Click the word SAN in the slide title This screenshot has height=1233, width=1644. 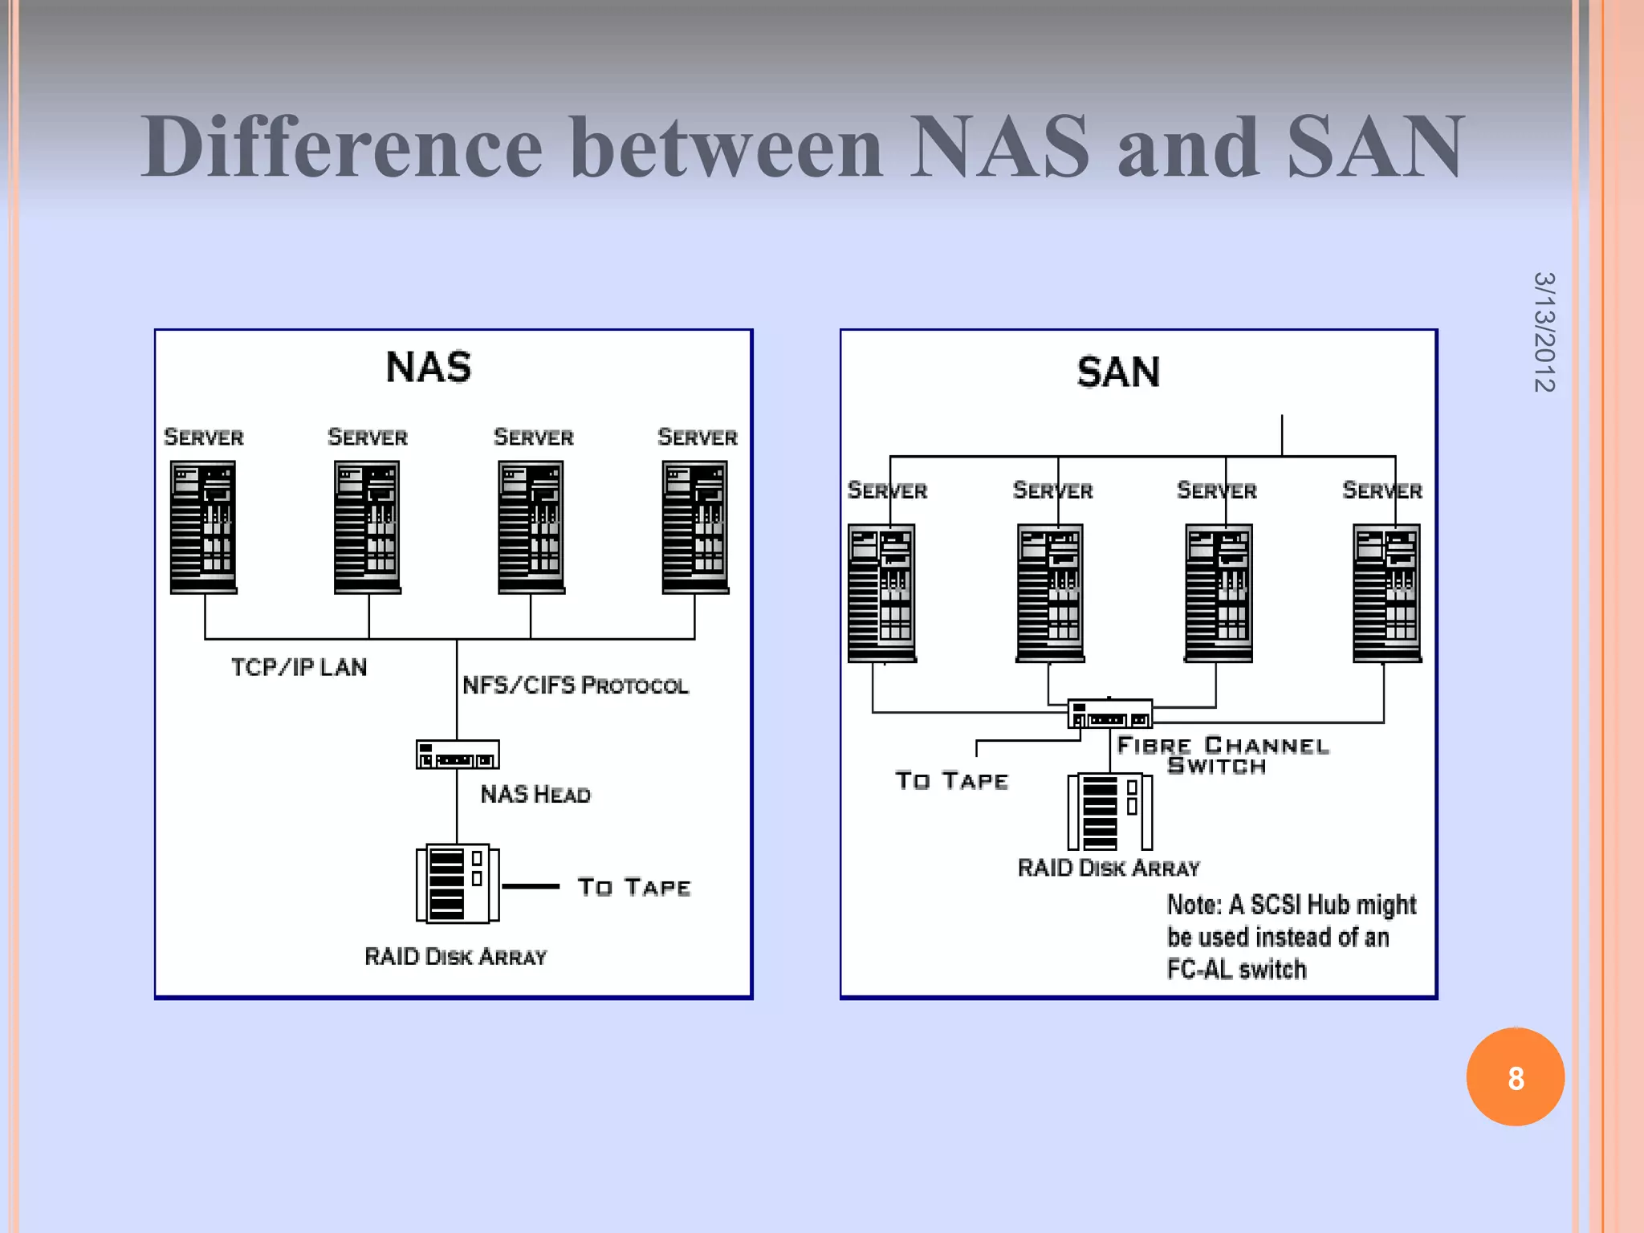pyautogui.click(x=1375, y=147)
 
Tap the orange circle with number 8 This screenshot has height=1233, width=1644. pyautogui.click(x=1515, y=1077)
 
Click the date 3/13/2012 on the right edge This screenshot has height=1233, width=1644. pyautogui.click(x=1544, y=332)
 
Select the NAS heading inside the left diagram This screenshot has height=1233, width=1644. pyautogui.click(x=428, y=368)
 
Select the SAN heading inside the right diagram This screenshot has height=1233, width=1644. pyautogui.click(x=1117, y=372)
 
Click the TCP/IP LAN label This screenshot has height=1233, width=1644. pyautogui.click(x=299, y=667)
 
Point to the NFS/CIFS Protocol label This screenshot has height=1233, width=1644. pyautogui.click(x=575, y=686)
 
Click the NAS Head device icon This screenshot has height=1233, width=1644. pyautogui.click(x=458, y=755)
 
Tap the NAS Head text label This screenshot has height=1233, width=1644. pyautogui.click(x=535, y=795)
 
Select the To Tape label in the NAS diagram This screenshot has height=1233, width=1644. pyautogui.click(x=633, y=887)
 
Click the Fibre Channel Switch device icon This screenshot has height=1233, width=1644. pyautogui.click(x=1109, y=714)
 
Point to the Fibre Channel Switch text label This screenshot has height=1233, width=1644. pyautogui.click(x=1221, y=755)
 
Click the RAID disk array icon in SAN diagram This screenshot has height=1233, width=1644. pyautogui.click(x=1109, y=812)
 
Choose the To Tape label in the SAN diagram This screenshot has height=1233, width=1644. pyautogui.click(x=951, y=780)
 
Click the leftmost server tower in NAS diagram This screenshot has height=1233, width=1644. pyautogui.click(x=203, y=527)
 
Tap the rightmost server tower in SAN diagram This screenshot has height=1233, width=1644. pyautogui.click(x=1386, y=592)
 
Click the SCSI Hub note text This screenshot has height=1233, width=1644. pyautogui.click(x=1291, y=937)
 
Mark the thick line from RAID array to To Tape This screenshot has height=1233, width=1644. pyautogui.click(x=531, y=886)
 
